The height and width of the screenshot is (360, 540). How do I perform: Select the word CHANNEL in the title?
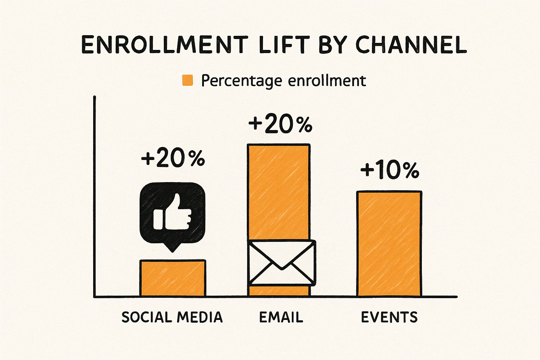[411, 45]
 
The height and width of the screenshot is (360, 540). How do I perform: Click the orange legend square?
[187, 80]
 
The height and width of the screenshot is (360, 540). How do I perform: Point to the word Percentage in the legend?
[242, 81]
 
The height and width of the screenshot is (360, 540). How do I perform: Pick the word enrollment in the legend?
[327, 81]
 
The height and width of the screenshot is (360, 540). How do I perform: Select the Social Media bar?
[173, 278]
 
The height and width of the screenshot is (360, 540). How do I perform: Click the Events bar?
[389, 244]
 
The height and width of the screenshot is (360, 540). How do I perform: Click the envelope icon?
[282, 263]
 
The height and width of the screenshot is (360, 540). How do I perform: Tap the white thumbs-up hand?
[173, 212]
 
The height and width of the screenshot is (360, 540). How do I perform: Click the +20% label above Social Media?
[173, 159]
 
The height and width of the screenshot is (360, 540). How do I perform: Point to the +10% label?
[390, 170]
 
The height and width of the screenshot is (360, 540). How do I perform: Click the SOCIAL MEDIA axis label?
[172, 317]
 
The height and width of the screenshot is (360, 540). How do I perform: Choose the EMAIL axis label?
[281, 317]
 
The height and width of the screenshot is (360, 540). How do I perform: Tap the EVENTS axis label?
[389, 317]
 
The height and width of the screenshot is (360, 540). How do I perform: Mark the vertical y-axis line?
[95, 197]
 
